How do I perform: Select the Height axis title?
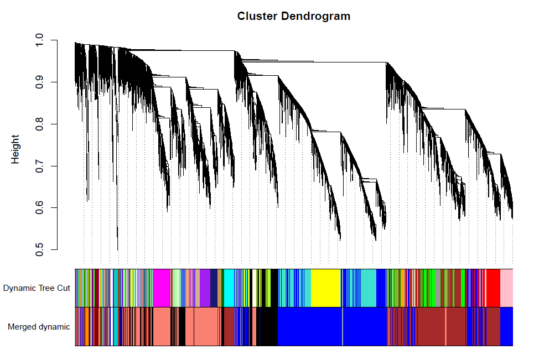click(15, 149)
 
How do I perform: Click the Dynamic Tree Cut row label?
click(37, 288)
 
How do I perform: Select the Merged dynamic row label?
click(39, 327)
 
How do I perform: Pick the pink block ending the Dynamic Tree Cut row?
click(506, 288)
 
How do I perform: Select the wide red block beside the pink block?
click(494, 288)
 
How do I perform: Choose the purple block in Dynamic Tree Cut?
click(205, 288)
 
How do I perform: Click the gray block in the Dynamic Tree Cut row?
click(438, 288)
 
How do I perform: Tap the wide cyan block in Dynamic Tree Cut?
click(229, 288)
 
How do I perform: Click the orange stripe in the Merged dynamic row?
click(87, 326)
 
